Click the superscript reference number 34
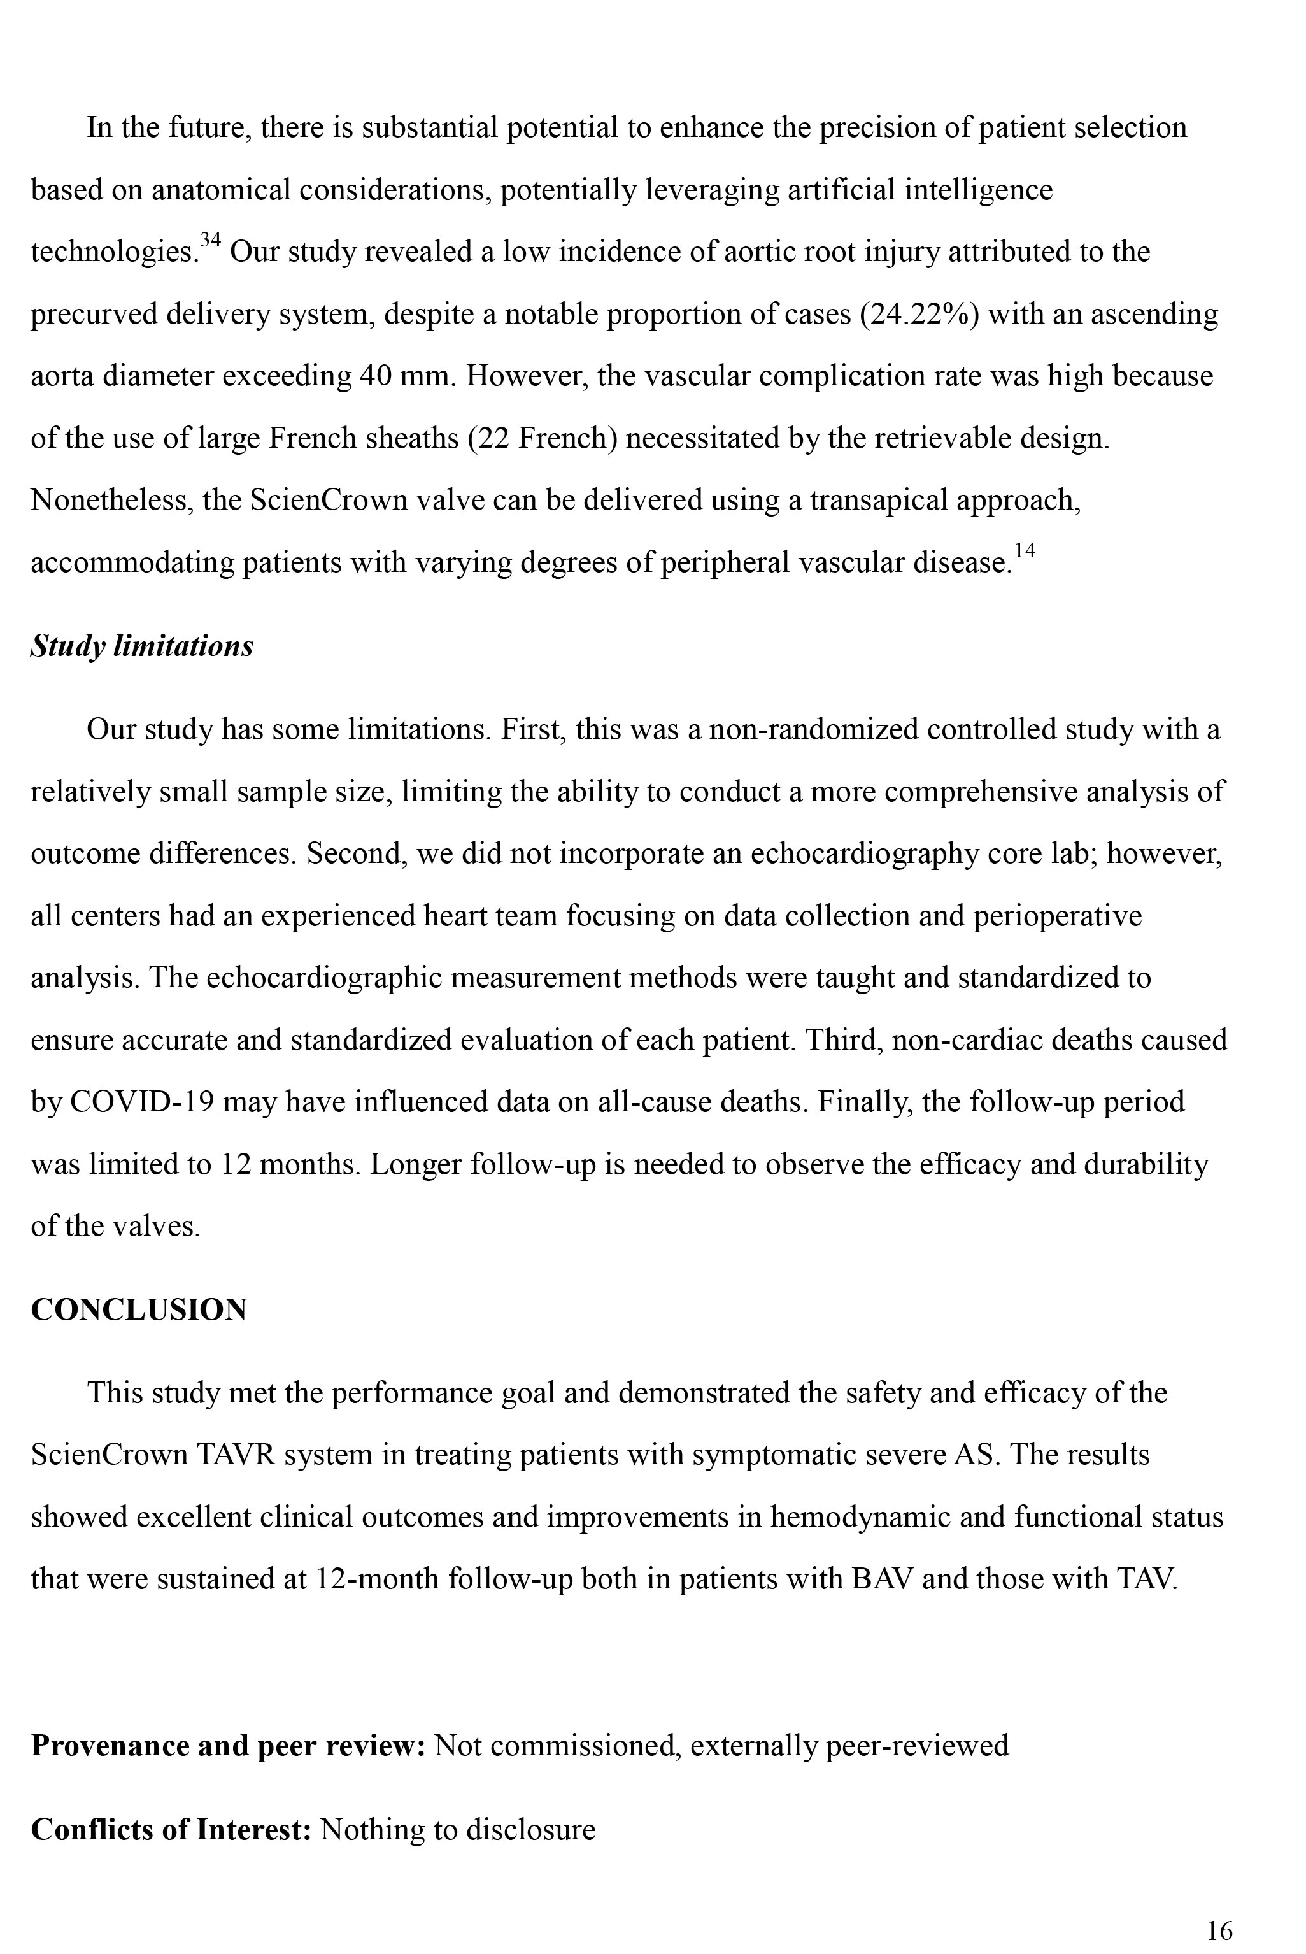(211, 241)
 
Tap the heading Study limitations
(141, 646)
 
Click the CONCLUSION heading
(139, 1309)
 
